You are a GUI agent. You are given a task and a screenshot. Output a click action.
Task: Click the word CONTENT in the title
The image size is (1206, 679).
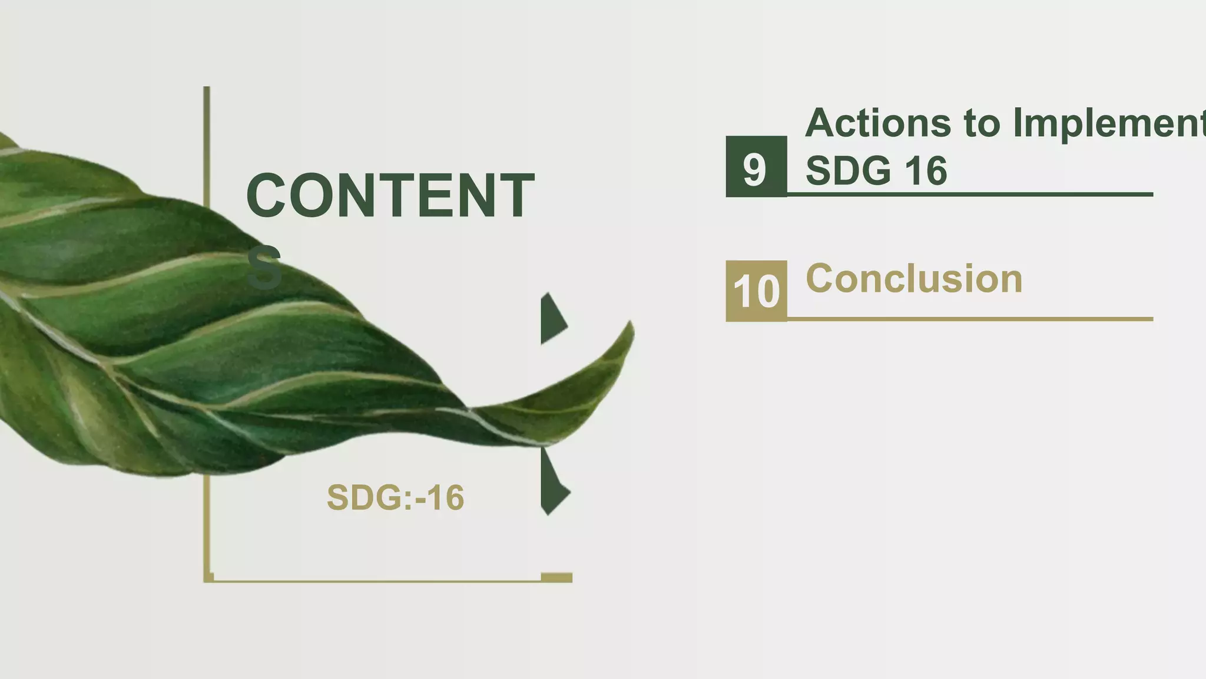(390, 196)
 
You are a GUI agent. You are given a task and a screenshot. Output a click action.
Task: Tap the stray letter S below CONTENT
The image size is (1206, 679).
(264, 269)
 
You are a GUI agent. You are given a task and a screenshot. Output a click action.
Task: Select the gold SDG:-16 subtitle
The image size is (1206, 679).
(395, 497)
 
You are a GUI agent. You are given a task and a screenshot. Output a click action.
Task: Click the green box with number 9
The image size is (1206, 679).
(756, 167)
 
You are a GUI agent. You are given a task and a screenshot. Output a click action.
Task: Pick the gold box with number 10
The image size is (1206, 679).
(756, 291)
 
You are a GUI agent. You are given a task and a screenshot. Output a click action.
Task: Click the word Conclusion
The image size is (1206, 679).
(913, 279)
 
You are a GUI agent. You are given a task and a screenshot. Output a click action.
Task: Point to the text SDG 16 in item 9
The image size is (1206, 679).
(876, 171)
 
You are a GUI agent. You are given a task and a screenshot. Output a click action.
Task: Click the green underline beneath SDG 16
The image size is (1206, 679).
(969, 194)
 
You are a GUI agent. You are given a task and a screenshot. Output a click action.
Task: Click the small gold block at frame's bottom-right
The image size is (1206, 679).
(556, 578)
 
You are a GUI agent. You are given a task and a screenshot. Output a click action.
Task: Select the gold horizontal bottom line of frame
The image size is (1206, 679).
(377, 581)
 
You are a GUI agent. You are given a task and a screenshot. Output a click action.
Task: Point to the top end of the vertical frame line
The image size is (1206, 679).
(207, 90)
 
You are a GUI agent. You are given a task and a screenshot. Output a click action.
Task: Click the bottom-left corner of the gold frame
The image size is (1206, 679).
(207, 580)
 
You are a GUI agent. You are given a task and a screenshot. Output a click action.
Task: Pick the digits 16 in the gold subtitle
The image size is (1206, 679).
(445, 497)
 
